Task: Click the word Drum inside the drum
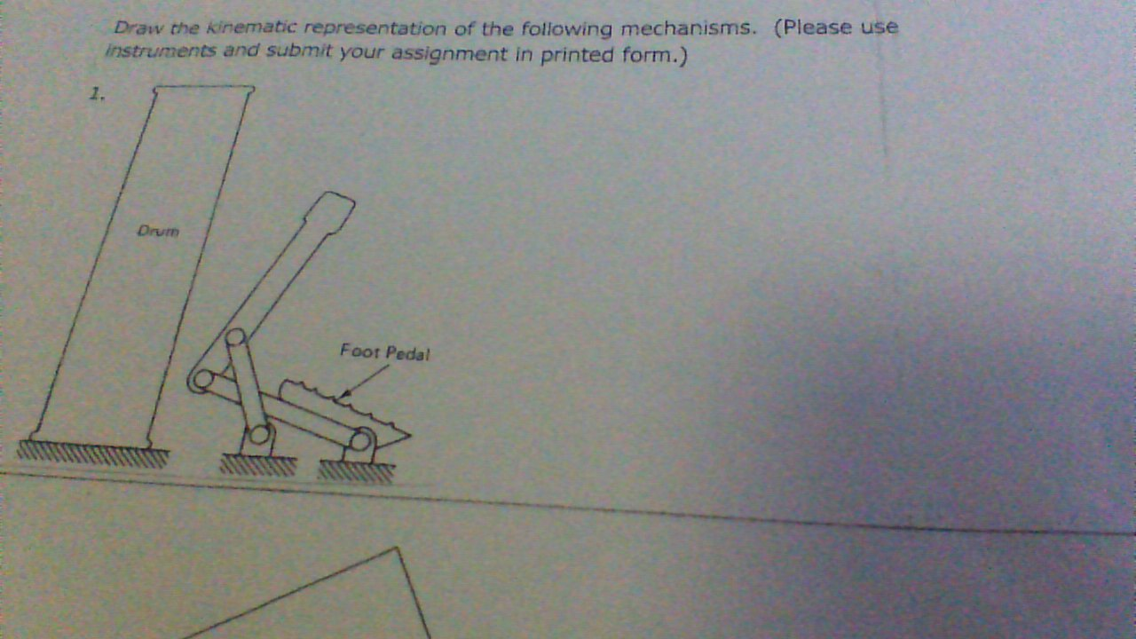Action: pyautogui.click(x=159, y=232)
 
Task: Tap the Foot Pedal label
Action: pyautogui.click(x=384, y=352)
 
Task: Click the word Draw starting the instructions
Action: pyautogui.click(x=133, y=28)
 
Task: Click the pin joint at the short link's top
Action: pyautogui.click(x=235, y=338)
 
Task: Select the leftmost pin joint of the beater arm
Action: pyautogui.click(x=201, y=381)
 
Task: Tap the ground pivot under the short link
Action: pyautogui.click(x=260, y=434)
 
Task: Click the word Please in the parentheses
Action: pyautogui.click(x=816, y=28)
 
